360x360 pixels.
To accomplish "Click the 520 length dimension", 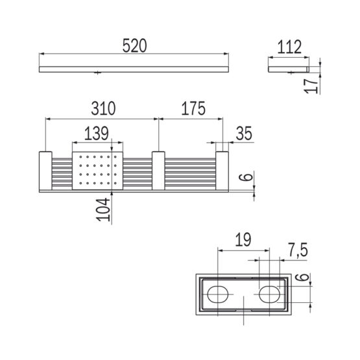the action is (x=134, y=45).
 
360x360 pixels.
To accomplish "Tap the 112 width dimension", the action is (x=289, y=47).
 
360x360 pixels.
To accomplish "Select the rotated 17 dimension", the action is (x=311, y=85).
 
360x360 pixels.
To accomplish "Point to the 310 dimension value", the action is (x=103, y=108).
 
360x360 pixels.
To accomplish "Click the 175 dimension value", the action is (x=193, y=108).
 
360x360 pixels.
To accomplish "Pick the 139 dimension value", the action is (x=97, y=134).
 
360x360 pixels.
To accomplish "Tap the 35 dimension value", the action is (x=244, y=133).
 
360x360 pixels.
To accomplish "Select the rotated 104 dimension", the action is (x=103, y=210).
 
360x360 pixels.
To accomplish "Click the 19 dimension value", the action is (x=243, y=240).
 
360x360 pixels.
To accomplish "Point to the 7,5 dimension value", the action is (x=298, y=250).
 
